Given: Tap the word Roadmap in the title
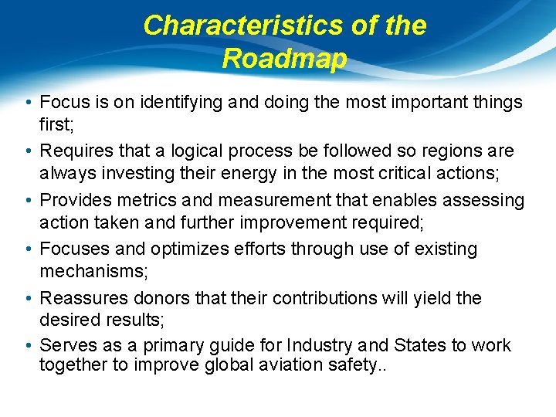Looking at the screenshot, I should coord(284,59).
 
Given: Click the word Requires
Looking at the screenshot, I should coord(76,151).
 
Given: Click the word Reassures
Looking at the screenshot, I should coord(79,298).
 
